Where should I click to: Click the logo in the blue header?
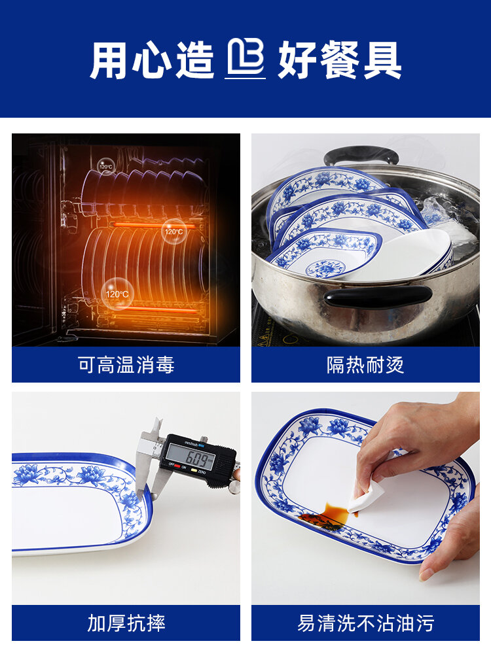(x=245, y=59)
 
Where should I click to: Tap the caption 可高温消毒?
(x=126, y=364)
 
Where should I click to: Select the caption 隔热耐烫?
(x=365, y=364)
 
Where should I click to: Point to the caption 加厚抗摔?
(x=126, y=623)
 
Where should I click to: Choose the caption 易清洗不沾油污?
(x=365, y=623)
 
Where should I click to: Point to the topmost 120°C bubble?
(x=106, y=167)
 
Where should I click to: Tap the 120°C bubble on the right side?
(x=174, y=231)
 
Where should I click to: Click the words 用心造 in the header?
(x=152, y=60)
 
